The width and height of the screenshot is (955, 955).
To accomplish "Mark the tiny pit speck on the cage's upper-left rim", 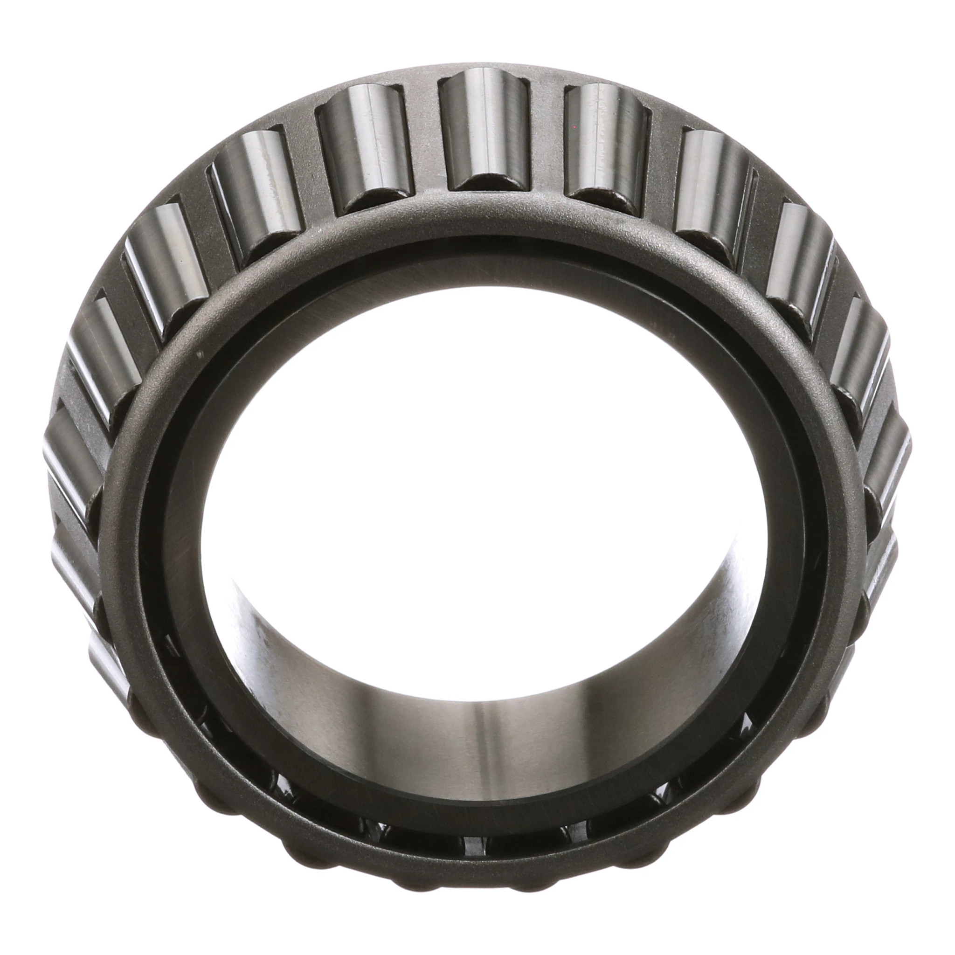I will pyautogui.click(x=199, y=354).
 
